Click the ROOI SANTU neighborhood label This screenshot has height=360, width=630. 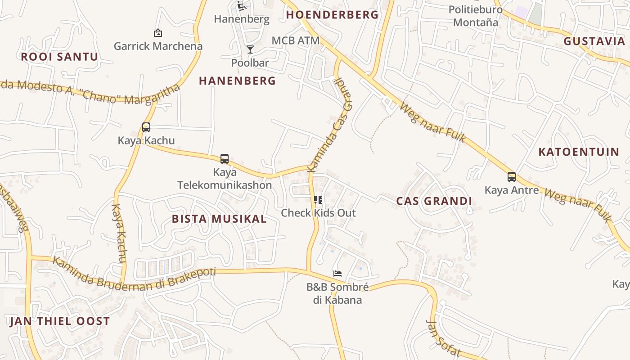click(59, 57)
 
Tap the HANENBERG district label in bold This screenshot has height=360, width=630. click(237, 81)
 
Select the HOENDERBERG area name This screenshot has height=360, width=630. click(333, 15)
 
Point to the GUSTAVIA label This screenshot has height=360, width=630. click(594, 41)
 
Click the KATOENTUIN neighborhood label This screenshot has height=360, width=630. click(579, 152)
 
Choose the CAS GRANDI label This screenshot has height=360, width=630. click(434, 201)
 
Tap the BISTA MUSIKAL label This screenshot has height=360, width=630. click(219, 219)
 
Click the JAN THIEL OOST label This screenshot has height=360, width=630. click(59, 321)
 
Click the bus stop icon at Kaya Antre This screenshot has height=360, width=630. click(511, 176)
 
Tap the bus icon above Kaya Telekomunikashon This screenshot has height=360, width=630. click(225, 158)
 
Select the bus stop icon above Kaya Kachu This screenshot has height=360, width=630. click(146, 127)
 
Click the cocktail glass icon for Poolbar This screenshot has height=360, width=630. click(250, 49)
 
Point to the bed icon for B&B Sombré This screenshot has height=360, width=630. click(337, 273)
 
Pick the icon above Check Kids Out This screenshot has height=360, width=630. click(318, 199)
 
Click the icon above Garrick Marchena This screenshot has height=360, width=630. click(158, 33)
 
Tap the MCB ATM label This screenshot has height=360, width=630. click(296, 40)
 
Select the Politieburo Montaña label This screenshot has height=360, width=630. click(476, 16)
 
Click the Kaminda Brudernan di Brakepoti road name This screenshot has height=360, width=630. click(134, 274)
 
